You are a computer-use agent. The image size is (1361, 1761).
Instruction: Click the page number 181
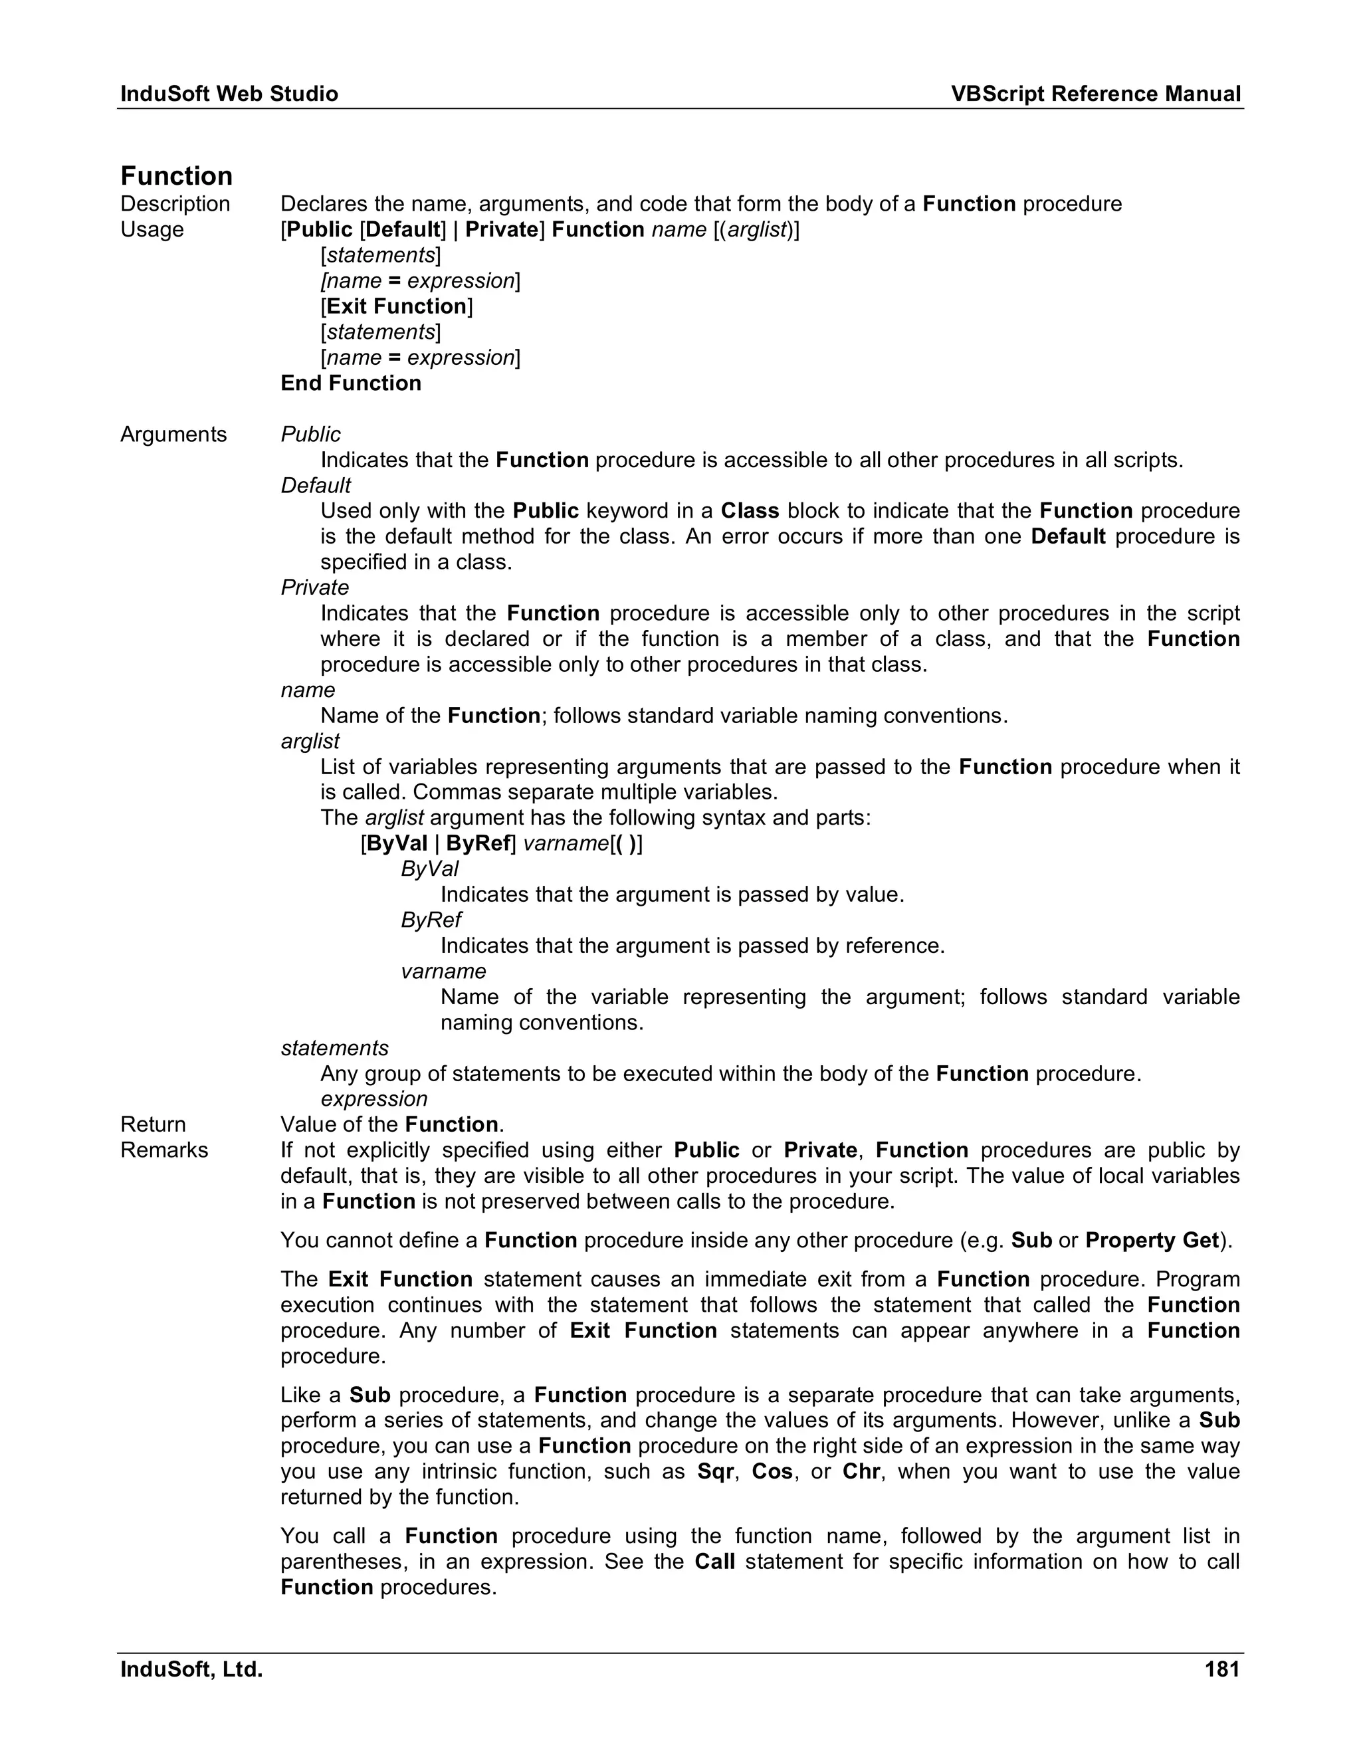pos(1221,1669)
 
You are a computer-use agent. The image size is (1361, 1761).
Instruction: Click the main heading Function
pos(177,176)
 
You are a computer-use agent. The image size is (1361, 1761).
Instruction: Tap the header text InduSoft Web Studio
pos(229,94)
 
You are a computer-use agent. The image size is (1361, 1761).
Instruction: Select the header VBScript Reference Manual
pos(1095,94)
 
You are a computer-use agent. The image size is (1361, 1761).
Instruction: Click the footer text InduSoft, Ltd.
pos(192,1669)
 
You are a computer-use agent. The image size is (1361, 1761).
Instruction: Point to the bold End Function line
pos(351,383)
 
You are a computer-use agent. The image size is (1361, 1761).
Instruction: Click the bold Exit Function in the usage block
pos(397,306)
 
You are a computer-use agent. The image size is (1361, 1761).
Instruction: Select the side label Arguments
pos(173,435)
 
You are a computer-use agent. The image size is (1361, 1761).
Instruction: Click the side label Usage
pos(152,230)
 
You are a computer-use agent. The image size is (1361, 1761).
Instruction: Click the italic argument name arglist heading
pos(310,741)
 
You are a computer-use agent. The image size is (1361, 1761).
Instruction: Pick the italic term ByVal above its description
pos(430,869)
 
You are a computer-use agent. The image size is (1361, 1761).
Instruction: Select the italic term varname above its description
pos(443,972)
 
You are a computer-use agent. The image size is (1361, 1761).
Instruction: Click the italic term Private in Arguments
pos(314,588)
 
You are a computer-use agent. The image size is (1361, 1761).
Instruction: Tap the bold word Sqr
pos(715,1471)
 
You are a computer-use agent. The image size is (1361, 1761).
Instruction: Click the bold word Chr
pos(861,1471)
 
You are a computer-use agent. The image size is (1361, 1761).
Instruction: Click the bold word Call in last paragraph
pos(714,1562)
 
